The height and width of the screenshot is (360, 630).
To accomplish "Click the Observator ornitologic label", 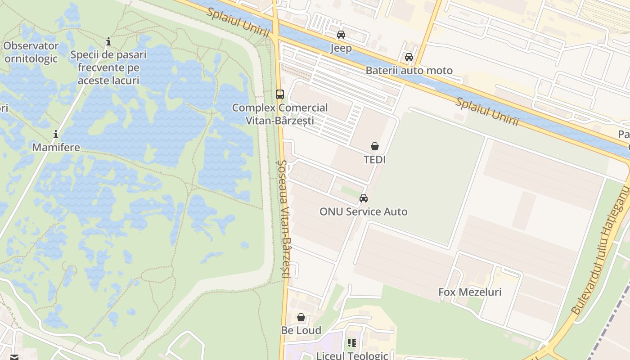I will click(x=31, y=52).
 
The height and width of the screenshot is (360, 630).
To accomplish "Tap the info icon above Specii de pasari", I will click(x=108, y=42).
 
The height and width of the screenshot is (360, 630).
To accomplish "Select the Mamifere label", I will click(x=56, y=147).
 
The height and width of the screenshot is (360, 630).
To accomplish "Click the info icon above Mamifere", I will click(x=56, y=134).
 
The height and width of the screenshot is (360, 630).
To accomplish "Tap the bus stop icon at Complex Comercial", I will click(x=280, y=94).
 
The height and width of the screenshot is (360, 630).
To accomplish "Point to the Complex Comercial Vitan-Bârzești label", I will click(x=280, y=114).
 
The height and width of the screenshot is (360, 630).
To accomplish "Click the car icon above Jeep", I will click(x=341, y=35).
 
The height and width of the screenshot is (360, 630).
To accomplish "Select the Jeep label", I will click(x=341, y=48).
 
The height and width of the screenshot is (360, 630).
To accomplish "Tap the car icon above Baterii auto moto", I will click(x=409, y=57).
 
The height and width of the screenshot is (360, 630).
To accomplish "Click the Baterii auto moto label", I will click(x=409, y=71).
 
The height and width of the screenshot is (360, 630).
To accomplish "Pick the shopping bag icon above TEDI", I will click(x=374, y=146).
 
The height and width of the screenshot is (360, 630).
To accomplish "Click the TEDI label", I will click(x=374, y=160).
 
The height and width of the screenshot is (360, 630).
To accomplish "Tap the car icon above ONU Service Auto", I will click(x=363, y=198).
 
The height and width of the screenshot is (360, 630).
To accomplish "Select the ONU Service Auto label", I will click(x=363, y=211).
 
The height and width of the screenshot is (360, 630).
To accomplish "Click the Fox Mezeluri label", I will click(x=470, y=292).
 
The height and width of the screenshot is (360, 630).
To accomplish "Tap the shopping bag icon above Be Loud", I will click(x=301, y=317).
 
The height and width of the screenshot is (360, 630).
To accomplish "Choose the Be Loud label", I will click(x=301, y=330).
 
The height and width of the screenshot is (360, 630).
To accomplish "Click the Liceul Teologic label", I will click(x=352, y=355).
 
